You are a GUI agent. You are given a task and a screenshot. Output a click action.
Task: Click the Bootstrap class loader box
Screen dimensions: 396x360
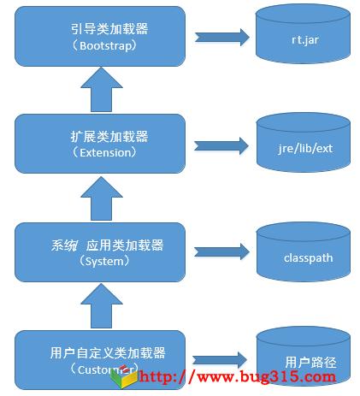pyautogui.click(x=101, y=36)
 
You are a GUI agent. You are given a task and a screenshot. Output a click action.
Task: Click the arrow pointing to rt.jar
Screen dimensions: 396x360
pyautogui.click(x=221, y=38)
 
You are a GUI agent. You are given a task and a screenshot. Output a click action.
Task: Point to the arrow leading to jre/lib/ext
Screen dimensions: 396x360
pyautogui.click(x=221, y=146)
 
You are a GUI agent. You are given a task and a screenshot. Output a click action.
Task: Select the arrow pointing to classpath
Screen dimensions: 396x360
pyautogui.click(x=221, y=251)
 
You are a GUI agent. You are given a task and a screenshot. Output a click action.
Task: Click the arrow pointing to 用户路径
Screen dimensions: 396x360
pyautogui.click(x=221, y=359)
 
